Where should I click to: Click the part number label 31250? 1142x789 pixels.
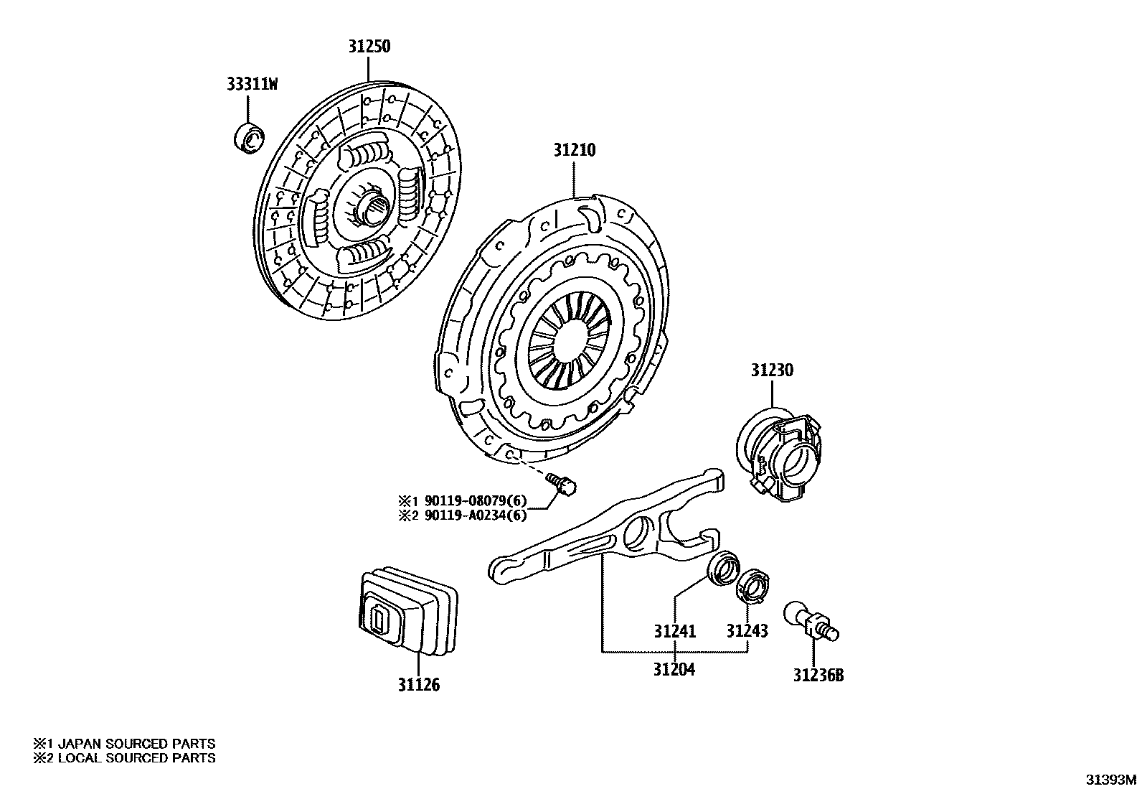[369, 47]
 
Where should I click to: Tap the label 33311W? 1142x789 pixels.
[252, 85]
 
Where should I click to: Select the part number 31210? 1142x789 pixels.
[574, 151]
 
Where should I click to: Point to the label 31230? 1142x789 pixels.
[772, 370]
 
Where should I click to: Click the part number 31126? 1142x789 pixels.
[419, 685]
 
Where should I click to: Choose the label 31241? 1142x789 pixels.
[674, 631]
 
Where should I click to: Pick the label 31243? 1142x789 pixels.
[747, 631]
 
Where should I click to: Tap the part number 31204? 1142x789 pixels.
[674, 669]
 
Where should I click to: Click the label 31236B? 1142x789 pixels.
[818, 676]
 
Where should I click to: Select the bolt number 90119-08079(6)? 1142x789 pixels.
[475, 500]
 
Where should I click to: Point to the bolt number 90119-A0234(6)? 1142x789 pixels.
[475, 515]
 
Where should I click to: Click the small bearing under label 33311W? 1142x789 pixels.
[250, 138]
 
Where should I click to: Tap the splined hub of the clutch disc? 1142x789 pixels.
[373, 210]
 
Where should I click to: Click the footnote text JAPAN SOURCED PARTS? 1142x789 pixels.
[136, 744]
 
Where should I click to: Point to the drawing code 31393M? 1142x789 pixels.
[1110, 779]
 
